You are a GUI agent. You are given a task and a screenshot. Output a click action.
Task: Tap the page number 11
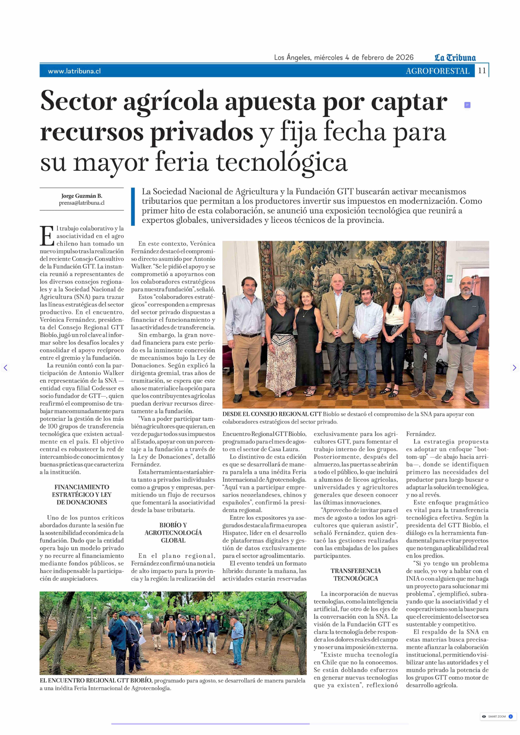point(482,71)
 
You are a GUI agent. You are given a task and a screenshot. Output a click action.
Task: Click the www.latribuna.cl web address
point(74,71)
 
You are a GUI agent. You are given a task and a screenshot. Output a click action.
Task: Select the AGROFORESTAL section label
point(437,71)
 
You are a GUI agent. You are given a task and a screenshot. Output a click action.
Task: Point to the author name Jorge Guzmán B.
point(82,196)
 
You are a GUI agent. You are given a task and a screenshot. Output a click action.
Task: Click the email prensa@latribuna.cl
point(82,203)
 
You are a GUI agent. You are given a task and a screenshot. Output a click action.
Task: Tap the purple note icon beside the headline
point(467,105)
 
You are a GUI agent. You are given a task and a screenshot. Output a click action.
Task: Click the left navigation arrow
point(5,368)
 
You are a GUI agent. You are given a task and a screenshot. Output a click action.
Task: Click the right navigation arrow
point(514,368)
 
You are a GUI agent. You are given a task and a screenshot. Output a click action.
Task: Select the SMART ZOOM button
point(497,716)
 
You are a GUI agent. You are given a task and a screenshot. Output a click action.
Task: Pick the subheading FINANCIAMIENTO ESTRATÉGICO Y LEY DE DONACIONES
point(82,495)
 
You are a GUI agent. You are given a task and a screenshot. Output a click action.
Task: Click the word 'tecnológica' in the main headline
point(282,163)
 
